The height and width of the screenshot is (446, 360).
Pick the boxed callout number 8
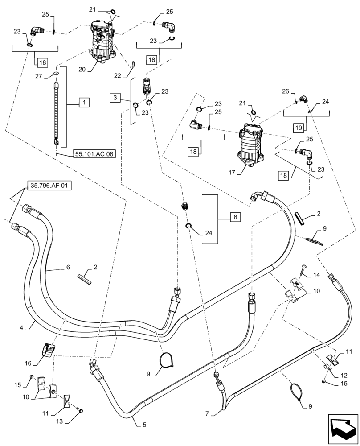pyautogui.click(x=235, y=217)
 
